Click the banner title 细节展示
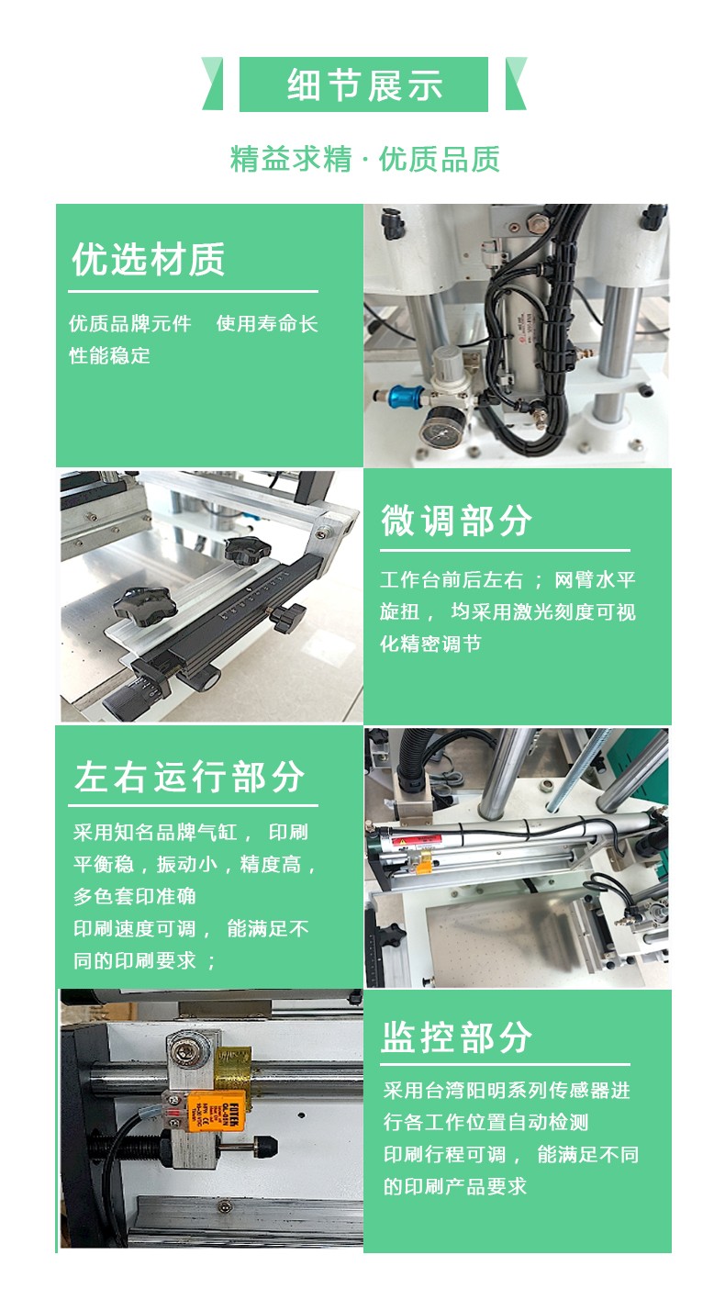tap(365, 85)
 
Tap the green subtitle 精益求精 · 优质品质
tap(365, 159)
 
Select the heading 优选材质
tap(149, 259)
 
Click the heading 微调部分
tap(456, 520)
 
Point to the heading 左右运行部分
tap(189, 776)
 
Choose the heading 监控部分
tap(456, 1037)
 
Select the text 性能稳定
tap(109, 355)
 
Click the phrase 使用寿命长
tap(267, 323)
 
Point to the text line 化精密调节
tap(430, 644)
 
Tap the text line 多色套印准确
tap(135, 896)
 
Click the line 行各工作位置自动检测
tap(485, 1122)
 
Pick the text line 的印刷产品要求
tap(454, 1186)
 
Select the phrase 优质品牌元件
tap(130, 323)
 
